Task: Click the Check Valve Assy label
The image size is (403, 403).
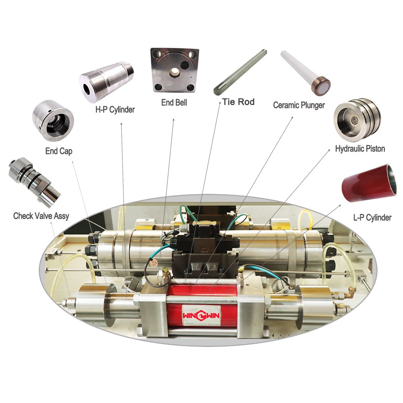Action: click(x=41, y=216)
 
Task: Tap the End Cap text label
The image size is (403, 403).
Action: click(x=58, y=151)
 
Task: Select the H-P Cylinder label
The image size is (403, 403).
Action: click(x=115, y=110)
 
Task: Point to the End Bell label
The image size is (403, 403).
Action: click(x=174, y=102)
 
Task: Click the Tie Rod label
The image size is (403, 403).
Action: click(x=238, y=102)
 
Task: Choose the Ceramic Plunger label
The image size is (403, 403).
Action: click(x=299, y=105)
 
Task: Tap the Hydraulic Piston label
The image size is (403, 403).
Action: click(x=360, y=149)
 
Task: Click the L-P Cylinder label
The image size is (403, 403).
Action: click(x=372, y=218)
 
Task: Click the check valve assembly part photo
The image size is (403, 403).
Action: click(x=35, y=181)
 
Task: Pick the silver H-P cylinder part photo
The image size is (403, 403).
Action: click(x=106, y=81)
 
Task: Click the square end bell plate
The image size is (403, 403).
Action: click(x=174, y=70)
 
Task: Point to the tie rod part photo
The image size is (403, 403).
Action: click(x=240, y=72)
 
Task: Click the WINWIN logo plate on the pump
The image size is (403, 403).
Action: click(x=201, y=316)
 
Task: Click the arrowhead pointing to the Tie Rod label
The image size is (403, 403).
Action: click(x=220, y=103)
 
